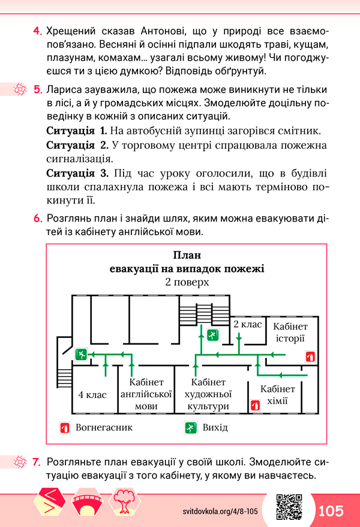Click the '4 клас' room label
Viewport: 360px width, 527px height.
tap(92, 394)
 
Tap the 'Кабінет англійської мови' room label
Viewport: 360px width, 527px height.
tap(146, 394)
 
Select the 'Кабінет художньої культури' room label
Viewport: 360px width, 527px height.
tap(208, 394)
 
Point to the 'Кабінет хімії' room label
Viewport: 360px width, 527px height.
tap(278, 395)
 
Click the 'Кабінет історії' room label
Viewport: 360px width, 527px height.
tap(290, 333)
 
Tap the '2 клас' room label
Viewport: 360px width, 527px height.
tap(247, 324)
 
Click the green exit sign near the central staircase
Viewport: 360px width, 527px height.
tap(212, 335)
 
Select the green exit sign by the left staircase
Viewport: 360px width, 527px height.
tap(81, 354)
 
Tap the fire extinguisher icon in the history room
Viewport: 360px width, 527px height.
tap(310, 357)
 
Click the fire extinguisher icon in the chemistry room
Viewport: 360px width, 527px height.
tap(255, 405)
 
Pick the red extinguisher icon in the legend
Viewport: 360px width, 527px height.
tap(65, 428)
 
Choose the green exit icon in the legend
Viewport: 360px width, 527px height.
tap(191, 428)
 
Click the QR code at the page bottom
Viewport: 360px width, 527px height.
tap(289, 507)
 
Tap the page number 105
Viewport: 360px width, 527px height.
tap(331, 511)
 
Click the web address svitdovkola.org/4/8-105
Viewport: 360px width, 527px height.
tap(220, 511)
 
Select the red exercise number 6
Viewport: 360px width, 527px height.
tap(38, 218)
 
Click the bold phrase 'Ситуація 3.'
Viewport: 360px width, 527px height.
tap(77, 173)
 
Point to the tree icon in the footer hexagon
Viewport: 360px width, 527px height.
tap(124, 501)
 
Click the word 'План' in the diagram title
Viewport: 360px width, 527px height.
tap(187, 255)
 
